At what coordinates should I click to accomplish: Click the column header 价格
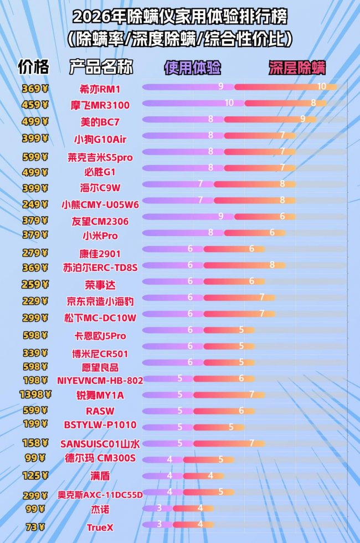coord(33,66)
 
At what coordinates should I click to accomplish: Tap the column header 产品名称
coord(101,67)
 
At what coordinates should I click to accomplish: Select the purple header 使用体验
coord(192,68)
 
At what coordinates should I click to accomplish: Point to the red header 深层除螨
coord(297,68)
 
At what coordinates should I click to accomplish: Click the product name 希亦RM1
coord(100,89)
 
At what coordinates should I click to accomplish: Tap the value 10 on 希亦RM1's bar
coord(321,86)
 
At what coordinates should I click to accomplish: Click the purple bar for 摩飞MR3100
coord(188,103)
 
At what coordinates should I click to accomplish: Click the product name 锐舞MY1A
coord(100,395)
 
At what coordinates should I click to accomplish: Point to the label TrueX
coord(100,527)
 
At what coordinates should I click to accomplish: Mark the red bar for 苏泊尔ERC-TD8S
coord(244,265)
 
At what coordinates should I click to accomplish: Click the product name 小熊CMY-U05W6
coord(100,204)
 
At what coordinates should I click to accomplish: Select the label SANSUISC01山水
coord(100,443)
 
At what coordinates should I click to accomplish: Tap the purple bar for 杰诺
coord(157,508)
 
